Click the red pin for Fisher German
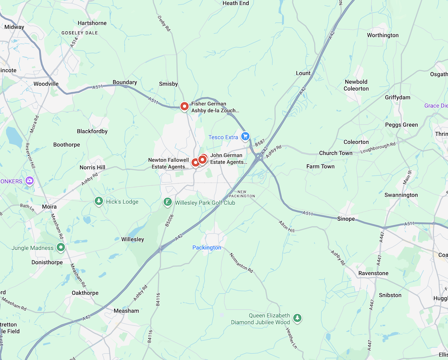coord(184,106)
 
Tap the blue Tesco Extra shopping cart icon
coord(245,136)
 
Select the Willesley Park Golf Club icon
coord(167,202)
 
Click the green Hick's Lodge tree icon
coord(99,201)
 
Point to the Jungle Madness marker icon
coord(61,247)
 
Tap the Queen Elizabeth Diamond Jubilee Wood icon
coord(297,318)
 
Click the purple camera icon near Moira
coord(30,181)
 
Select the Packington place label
coord(207,248)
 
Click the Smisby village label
coord(168,84)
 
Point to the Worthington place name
coord(383,35)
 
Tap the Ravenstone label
coord(373,273)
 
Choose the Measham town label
coord(126,311)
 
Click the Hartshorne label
coord(92,23)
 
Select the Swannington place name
coord(401,195)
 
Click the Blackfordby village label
coord(92,131)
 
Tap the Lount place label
coord(303,73)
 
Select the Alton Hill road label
coord(287,226)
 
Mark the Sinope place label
coord(346,219)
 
